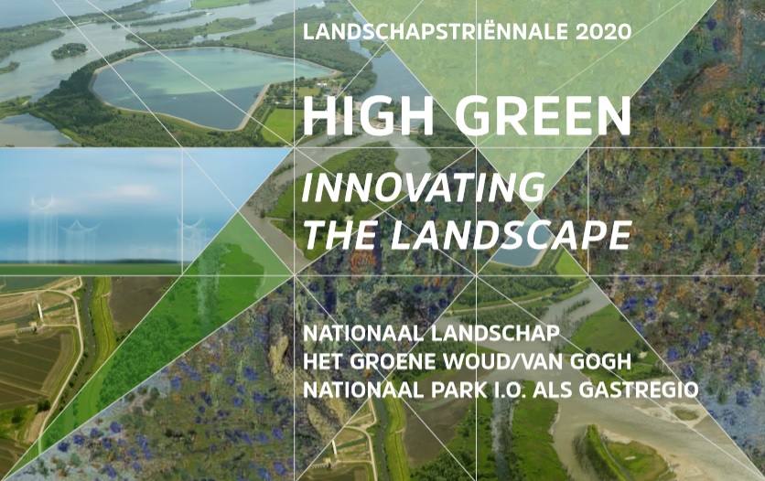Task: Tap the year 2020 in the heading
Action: pos(604,32)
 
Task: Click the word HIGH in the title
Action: pos(369,116)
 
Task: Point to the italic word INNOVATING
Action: pos(424,187)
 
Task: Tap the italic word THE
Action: pos(340,235)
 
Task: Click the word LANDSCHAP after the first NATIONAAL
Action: pos(495,334)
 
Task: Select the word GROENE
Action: pos(393,361)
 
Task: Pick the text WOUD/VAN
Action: pos(502,361)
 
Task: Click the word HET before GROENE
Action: pos(322,361)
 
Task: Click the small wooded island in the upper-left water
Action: pos(70,50)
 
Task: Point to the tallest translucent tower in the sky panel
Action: pos(43,229)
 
